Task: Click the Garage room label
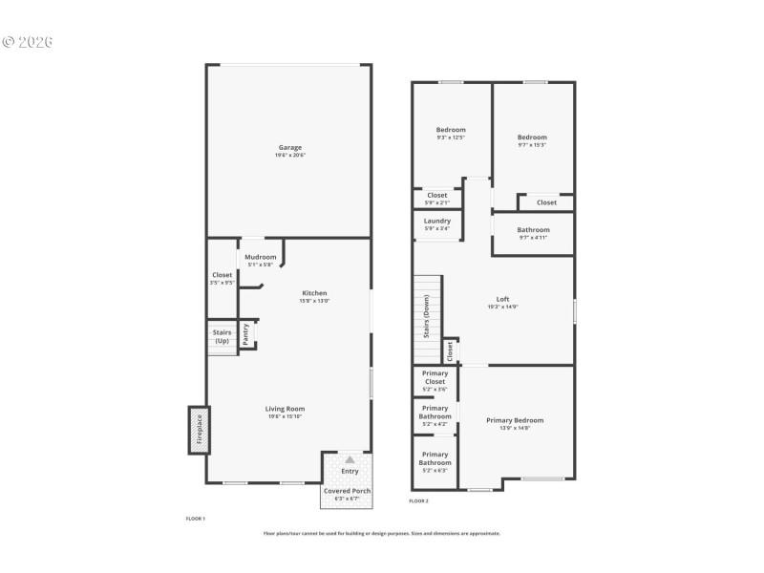point(290,147)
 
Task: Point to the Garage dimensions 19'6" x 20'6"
point(290,155)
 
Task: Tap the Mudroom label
point(261,257)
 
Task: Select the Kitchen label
point(315,293)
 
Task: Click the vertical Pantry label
point(246,333)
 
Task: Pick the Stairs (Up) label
point(222,336)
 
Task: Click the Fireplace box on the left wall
point(199,430)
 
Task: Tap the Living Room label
point(286,409)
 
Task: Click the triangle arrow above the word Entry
point(350,460)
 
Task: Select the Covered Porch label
point(348,491)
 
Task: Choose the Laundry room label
point(437,221)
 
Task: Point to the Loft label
point(502,299)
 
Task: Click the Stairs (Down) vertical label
point(426,315)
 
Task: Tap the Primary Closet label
point(435,377)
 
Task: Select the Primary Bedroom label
point(515,420)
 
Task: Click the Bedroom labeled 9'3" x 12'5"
point(451,130)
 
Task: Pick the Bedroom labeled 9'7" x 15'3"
point(532,137)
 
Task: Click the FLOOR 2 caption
point(419,500)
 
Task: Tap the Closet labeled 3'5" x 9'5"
point(222,275)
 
